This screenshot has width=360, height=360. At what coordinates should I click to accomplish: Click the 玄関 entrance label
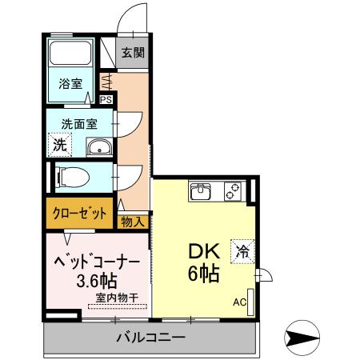[133, 54]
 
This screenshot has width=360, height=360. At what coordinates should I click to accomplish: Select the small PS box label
[106, 99]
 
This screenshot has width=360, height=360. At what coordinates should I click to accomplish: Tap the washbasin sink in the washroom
[99, 146]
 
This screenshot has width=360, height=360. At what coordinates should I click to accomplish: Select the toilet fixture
[70, 174]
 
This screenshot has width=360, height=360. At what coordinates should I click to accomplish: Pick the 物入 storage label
[134, 222]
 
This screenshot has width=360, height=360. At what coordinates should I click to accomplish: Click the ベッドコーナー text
[97, 262]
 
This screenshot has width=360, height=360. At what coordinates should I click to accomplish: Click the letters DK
[203, 250]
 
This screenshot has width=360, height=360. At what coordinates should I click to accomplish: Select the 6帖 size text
[203, 273]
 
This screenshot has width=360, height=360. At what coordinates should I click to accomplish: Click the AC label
[239, 302]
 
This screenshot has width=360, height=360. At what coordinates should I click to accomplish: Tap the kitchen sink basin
[201, 192]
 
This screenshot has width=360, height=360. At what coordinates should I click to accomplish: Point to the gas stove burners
[233, 192]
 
